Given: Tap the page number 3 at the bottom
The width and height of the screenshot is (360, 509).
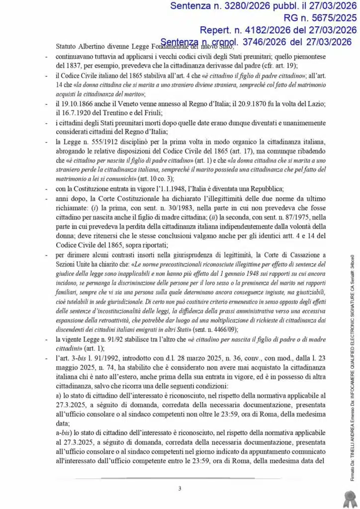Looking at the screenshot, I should (x=180, y=475).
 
